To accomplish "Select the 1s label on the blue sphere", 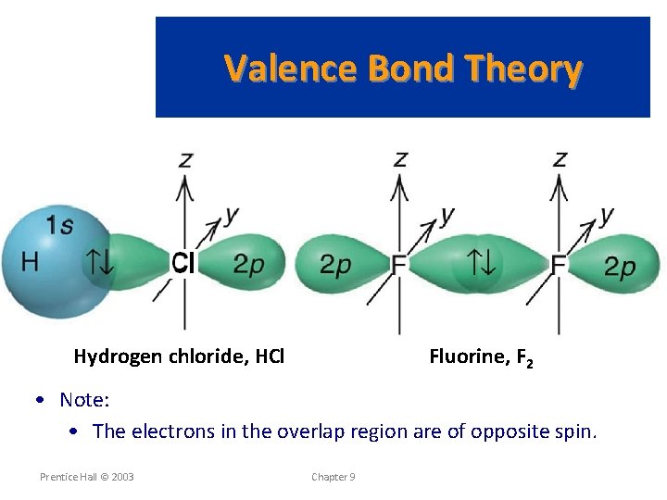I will point(60,224).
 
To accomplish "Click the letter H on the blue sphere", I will point(30,262).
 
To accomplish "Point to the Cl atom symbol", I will point(182,264).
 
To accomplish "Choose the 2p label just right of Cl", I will point(247,265).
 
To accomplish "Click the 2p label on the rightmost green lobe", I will point(620,267).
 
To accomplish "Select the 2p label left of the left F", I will point(335,265).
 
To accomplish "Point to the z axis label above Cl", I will point(186,159).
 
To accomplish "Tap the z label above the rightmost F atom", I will point(560,159).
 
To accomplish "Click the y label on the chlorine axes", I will point(231,215).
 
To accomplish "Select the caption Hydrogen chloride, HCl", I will point(179,356).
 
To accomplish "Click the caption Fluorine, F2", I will point(480,357).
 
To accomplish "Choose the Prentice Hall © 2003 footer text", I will point(86,477).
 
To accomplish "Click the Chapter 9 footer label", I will point(333,477).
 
